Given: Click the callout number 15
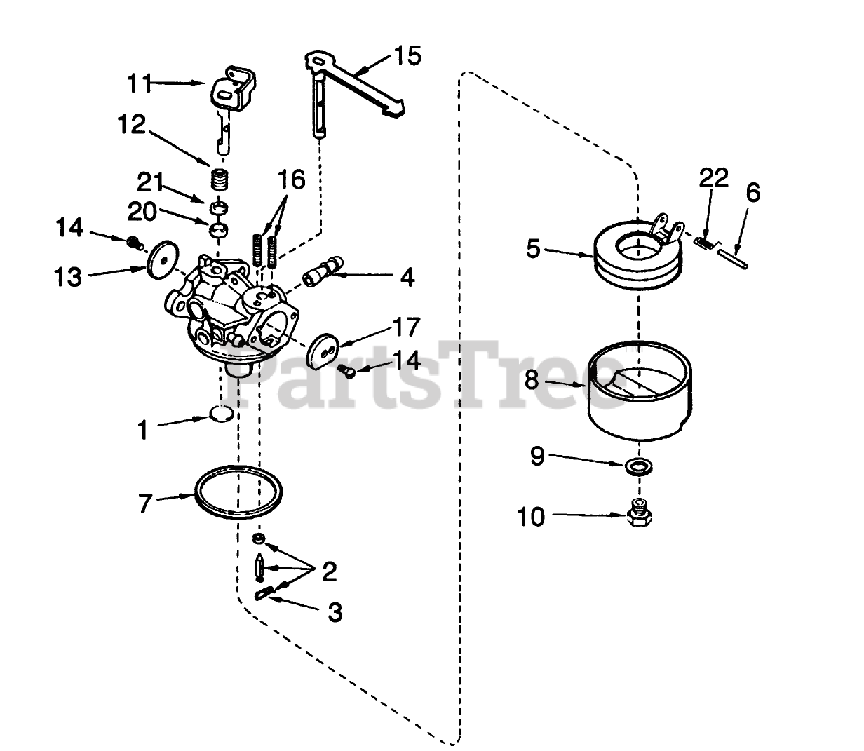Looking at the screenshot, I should (x=408, y=55).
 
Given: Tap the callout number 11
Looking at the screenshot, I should (x=139, y=83).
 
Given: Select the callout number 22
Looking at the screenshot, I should (x=713, y=178).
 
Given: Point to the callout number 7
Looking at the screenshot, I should (x=144, y=503).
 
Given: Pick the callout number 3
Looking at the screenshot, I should (x=335, y=612).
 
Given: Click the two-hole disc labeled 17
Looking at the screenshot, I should (x=321, y=352).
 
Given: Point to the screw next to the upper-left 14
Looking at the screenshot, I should (x=133, y=243).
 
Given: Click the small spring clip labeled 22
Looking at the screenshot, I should (x=704, y=242).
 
